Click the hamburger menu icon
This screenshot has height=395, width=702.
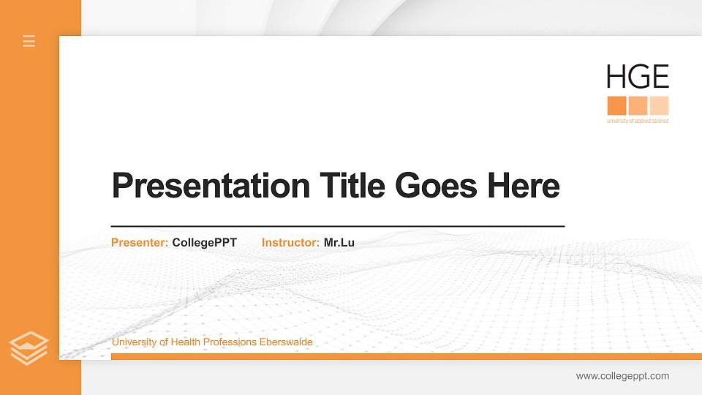pyautogui.click(x=29, y=41)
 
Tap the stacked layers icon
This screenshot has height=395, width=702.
pyautogui.click(x=29, y=347)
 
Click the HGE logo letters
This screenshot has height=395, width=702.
pyautogui.click(x=638, y=77)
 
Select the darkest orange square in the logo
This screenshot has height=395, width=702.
pyautogui.click(x=616, y=105)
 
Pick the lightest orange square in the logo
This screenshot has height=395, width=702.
pyautogui.click(x=660, y=105)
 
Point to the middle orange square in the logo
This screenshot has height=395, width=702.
pyautogui.click(x=638, y=105)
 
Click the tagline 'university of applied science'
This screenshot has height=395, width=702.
pyautogui.click(x=638, y=121)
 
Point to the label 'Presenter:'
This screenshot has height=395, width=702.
pyautogui.click(x=140, y=242)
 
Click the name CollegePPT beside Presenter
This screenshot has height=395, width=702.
pyautogui.click(x=205, y=242)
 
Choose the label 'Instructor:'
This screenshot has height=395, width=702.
pyautogui.click(x=290, y=242)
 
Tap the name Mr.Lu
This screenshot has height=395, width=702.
pyautogui.click(x=339, y=242)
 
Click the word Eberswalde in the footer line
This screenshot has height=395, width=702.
pyautogui.click(x=286, y=342)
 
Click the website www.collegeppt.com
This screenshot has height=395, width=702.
pyautogui.click(x=622, y=376)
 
